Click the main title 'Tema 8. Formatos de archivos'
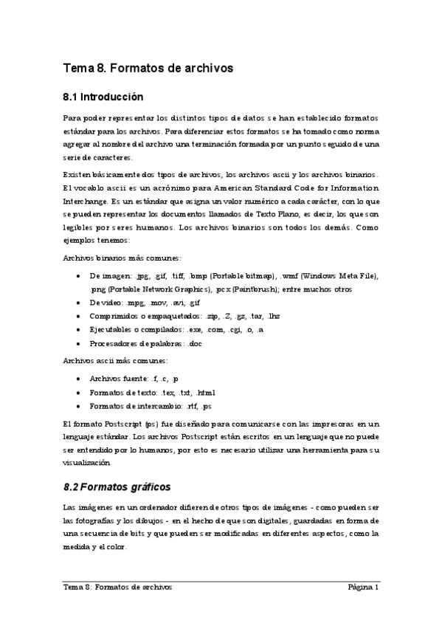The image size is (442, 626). tap(148, 68)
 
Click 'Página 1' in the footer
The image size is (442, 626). tap(364, 588)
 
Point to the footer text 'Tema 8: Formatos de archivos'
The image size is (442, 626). tap(117, 588)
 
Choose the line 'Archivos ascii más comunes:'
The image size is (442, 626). tap(115, 361)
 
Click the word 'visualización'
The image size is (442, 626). tap(87, 464)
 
